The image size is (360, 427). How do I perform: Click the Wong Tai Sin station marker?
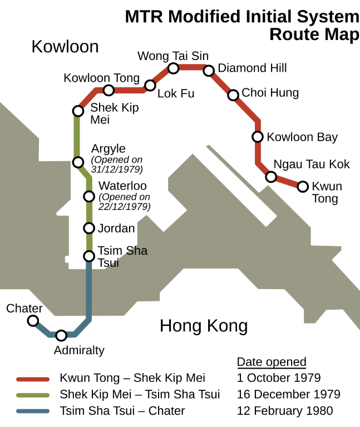pos(173,68)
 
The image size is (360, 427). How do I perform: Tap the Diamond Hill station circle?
pos(209,71)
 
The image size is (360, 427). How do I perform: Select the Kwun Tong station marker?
pos(303,187)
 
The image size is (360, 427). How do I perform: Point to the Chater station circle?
pos(33,321)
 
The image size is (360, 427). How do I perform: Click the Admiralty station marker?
pos(61,335)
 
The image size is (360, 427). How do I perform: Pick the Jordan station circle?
pos(88,228)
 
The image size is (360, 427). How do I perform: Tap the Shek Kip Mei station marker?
pos(78,111)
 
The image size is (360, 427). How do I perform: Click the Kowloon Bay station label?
pos(302,137)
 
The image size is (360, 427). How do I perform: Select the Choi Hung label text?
pos(270,93)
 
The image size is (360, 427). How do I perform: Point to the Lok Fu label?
pos(176,93)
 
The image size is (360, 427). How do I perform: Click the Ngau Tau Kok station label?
pos(312,164)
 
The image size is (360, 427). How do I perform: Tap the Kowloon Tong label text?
pos(102,78)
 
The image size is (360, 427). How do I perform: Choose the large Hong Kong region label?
pos(204,326)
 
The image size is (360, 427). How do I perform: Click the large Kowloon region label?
pos(65,46)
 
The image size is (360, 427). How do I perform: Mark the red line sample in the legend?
pos(33,380)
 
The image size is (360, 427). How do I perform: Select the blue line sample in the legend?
pos(33,412)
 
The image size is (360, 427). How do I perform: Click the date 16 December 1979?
pos(288,395)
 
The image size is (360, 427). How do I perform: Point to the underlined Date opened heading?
pos(272,363)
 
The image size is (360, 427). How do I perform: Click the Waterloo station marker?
pos(88,196)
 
